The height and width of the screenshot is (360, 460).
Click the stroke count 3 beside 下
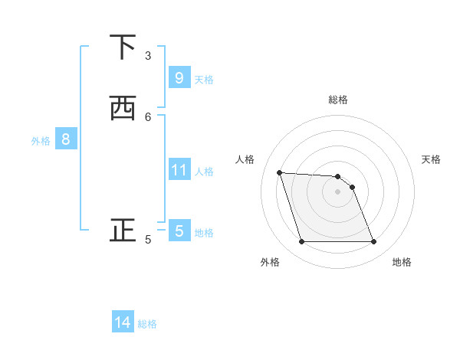[148, 55]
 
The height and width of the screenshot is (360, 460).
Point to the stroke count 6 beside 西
[148, 116]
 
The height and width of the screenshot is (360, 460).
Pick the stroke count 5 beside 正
[148, 239]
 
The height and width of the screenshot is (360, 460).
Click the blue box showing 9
[179, 78]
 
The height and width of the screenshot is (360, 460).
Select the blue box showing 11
[179, 170]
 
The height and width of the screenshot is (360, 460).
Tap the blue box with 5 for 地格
[179, 231]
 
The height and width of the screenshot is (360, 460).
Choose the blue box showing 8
[66, 139]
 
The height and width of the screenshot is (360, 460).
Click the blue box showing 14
[123, 323]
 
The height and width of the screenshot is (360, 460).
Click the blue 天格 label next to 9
[204, 79]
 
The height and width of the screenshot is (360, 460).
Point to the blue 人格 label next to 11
[204, 171]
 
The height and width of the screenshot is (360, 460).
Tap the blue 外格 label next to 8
[41, 140]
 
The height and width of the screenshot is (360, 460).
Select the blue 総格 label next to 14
[147, 324]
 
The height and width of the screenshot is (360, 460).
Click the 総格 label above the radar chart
[338, 100]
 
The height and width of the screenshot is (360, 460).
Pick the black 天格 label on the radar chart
[432, 159]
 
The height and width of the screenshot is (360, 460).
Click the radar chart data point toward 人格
[280, 172]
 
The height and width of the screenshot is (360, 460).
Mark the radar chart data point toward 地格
[373, 242]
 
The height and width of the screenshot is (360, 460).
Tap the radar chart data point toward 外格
[301, 242]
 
